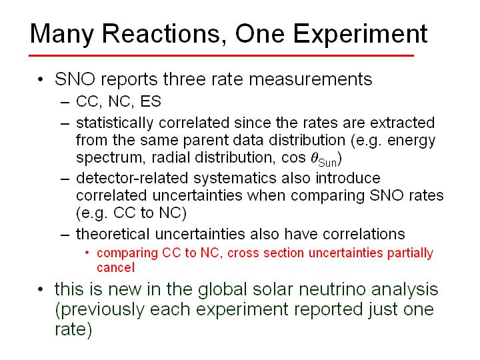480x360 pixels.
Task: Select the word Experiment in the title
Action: pyautogui.click(x=360, y=35)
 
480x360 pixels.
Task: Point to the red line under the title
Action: pyautogui.click(x=221, y=56)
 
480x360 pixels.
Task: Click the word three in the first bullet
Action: pyautogui.click(x=181, y=79)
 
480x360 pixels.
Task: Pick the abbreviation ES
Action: pyautogui.click(x=151, y=101)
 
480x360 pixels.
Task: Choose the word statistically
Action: pyautogui.click(x=115, y=123)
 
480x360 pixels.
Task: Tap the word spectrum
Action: pyautogui.click(x=109, y=158)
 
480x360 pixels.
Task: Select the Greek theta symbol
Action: pyautogui.click(x=315, y=157)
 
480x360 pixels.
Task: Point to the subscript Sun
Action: pyautogui.click(x=327, y=163)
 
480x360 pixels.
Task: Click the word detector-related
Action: pyautogui.click(x=132, y=178)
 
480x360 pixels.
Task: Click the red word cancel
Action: pyautogui.click(x=116, y=267)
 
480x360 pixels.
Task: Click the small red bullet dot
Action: pyautogui.click(x=87, y=253)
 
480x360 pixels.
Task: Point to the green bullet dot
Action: pyautogui.click(x=40, y=289)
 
